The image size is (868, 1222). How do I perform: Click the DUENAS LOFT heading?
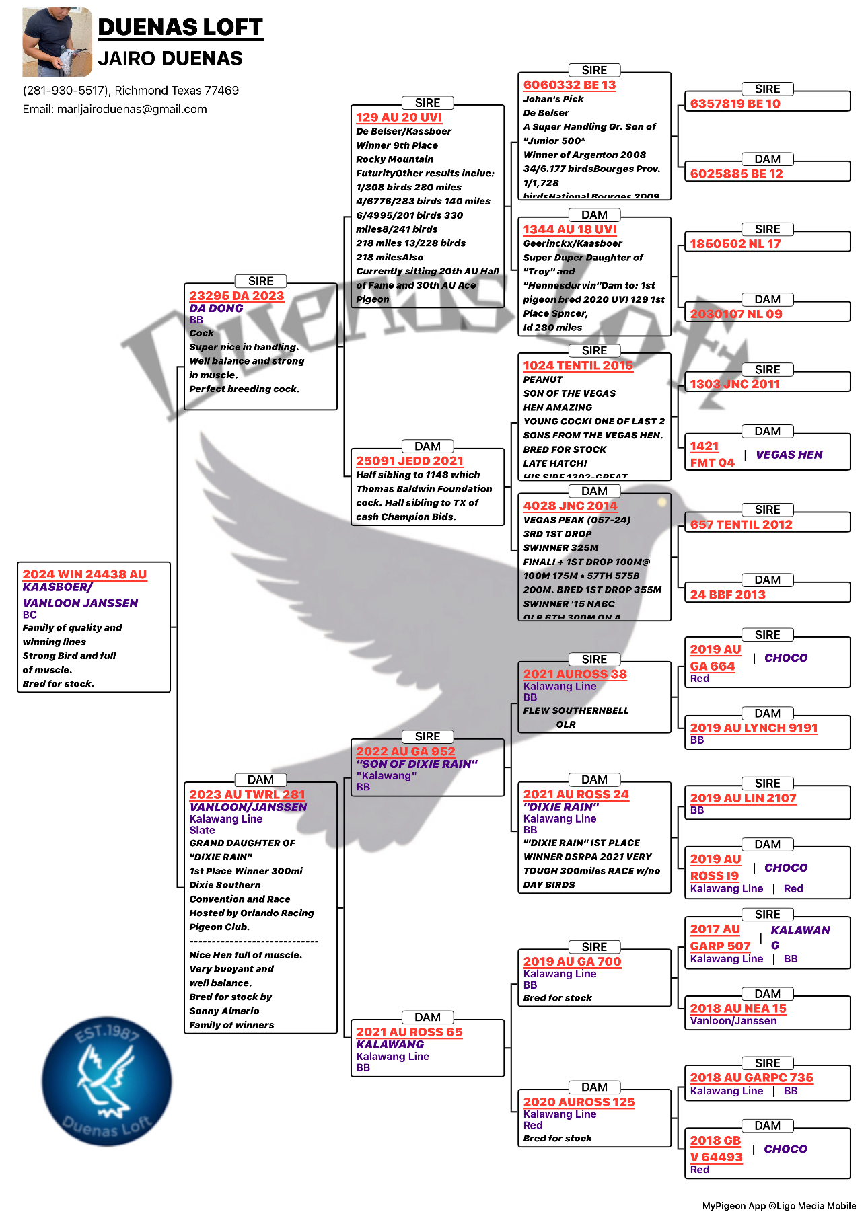coord(180,27)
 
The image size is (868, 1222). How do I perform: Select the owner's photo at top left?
coord(57,42)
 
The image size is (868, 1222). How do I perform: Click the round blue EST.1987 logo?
coord(106,1081)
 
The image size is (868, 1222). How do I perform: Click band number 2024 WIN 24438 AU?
coord(85,574)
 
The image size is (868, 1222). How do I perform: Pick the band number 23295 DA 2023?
coord(236,296)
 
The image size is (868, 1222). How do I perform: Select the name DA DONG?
coord(216,308)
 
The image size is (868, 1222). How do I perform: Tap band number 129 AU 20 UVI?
coord(399,117)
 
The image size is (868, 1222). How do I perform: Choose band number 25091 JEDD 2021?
coord(410,461)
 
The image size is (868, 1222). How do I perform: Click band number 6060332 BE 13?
coord(569,85)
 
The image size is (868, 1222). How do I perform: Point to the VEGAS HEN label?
coord(789,455)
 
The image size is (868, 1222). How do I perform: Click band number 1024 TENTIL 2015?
coord(578,365)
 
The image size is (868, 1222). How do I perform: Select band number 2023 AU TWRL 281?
coord(247,794)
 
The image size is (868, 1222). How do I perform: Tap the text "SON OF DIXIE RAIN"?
coord(417,764)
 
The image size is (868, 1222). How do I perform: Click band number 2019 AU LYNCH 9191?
coord(754,728)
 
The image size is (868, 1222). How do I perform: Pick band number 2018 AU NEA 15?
coord(738,1008)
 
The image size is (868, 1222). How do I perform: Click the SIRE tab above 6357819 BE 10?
coord(767,89)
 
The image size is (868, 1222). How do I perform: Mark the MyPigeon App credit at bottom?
coord(779,1206)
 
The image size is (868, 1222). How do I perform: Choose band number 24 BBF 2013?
coord(727,595)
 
